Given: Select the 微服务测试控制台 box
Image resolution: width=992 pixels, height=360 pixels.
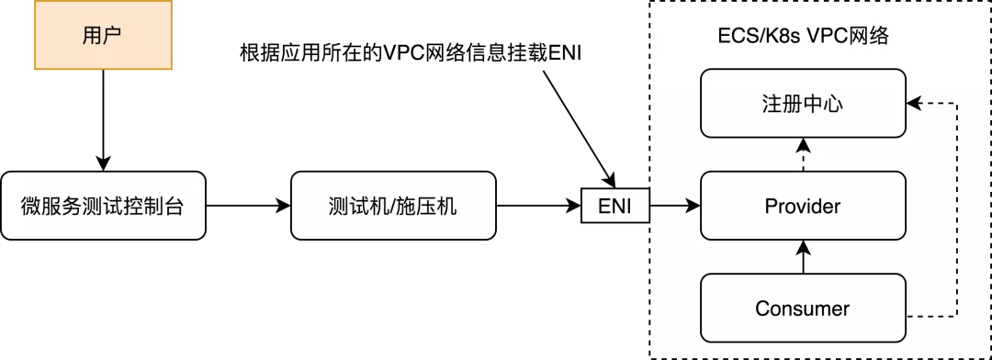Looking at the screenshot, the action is pyautogui.click(x=102, y=206).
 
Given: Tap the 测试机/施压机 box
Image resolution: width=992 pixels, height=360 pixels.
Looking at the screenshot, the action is pyautogui.click(x=392, y=206).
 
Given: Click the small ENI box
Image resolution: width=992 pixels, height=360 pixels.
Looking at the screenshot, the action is pyautogui.click(x=614, y=206).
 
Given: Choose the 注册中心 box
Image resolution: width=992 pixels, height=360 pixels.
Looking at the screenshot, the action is pyautogui.click(x=802, y=104).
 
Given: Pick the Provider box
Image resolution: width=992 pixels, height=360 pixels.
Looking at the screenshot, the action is pyautogui.click(x=802, y=206).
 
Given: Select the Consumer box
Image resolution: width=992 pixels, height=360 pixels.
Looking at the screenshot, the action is pyautogui.click(x=802, y=308).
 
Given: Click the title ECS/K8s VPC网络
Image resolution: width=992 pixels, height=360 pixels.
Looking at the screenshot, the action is pyautogui.click(x=802, y=38).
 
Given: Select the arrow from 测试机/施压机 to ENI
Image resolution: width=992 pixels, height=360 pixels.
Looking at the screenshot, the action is pyautogui.click(x=537, y=206).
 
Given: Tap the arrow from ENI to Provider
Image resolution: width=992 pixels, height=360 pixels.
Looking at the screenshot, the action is pyautogui.click(x=674, y=206).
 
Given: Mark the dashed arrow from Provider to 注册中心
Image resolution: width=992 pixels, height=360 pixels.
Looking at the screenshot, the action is pyautogui.click(x=803, y=154).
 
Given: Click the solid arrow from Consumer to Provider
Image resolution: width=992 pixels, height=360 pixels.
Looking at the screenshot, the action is pyautogui.click(x=803, y=257).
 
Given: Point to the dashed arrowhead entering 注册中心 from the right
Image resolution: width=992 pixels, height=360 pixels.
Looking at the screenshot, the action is pyautogui.click(x=912, y=103).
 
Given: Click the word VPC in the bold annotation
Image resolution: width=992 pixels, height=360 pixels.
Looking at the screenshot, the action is pyautogui.click(x=387, y=53).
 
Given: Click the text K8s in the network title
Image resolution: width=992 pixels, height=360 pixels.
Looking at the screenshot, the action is pyautogui.click(x=777, y=38).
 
